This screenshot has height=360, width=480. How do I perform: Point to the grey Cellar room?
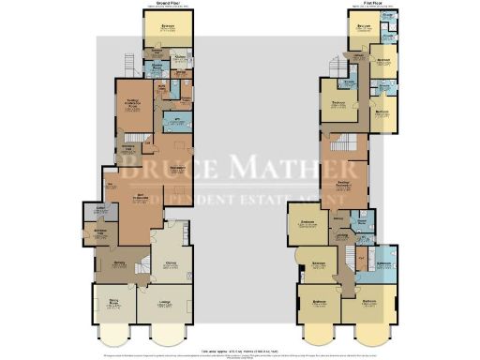[x=99, y=209]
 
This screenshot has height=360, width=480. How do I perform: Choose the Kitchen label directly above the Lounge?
[x=172, y=264]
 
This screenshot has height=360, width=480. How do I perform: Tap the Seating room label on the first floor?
[x=344, y=185]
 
